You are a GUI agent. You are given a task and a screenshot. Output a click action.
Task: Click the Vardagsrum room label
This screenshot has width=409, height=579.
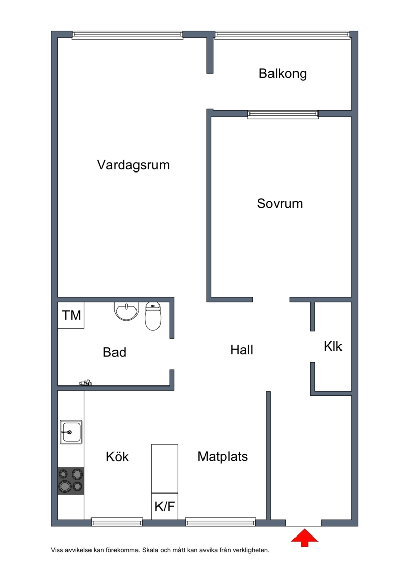pos(133,165)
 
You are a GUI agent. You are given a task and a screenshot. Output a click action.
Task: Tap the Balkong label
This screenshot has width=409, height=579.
pos(283,74)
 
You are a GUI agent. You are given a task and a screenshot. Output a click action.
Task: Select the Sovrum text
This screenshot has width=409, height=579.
pos(280,203)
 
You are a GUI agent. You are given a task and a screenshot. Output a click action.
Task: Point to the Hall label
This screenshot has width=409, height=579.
pos(241,350)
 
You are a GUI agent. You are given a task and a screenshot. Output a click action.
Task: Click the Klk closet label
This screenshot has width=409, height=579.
pos(333,347)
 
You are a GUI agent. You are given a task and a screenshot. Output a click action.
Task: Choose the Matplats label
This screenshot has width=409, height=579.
pos(223,457)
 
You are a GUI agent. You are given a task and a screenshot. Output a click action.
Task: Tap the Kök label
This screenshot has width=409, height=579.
pos(117,457)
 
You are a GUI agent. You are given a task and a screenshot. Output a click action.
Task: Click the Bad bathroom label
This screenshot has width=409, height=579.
pos(115,352)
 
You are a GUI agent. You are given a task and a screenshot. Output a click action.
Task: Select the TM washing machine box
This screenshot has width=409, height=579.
pos(71,315)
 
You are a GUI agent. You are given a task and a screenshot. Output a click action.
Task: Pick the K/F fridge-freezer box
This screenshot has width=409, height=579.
pos(165,506)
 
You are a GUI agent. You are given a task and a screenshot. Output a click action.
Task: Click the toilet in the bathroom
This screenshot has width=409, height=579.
pos(153,316)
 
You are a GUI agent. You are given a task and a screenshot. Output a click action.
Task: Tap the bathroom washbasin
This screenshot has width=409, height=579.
pos(126,311)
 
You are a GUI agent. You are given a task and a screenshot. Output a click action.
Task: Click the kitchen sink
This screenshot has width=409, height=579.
pos(71,432)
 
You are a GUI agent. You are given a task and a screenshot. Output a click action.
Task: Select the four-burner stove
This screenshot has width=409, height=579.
pos(71,481)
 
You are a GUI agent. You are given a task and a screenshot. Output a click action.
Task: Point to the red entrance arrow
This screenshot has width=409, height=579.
pos(304,538)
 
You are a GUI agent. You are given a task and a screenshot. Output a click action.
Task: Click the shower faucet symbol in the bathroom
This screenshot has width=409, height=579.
pos(85,383)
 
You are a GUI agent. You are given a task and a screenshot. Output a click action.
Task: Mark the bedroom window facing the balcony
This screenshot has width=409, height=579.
pos(283,115)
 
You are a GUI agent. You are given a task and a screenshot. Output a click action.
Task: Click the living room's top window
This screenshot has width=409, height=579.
pos(127,35)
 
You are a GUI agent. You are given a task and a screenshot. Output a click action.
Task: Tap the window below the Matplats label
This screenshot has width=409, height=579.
pos(220,522)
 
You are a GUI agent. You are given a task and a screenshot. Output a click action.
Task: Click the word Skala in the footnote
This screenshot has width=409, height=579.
pos(150,550)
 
